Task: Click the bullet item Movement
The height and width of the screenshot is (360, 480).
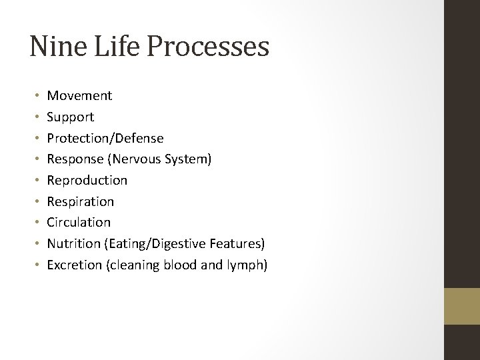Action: tap(79, 96)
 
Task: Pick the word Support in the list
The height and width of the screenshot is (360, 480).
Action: tap(70, 117)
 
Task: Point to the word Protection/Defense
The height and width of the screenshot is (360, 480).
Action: tap(105, 138)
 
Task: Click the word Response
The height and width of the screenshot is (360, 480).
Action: tap(72, 159)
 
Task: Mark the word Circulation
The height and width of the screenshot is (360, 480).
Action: tap(78, 222)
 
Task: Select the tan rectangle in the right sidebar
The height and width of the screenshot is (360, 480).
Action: tap(462, 307)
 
